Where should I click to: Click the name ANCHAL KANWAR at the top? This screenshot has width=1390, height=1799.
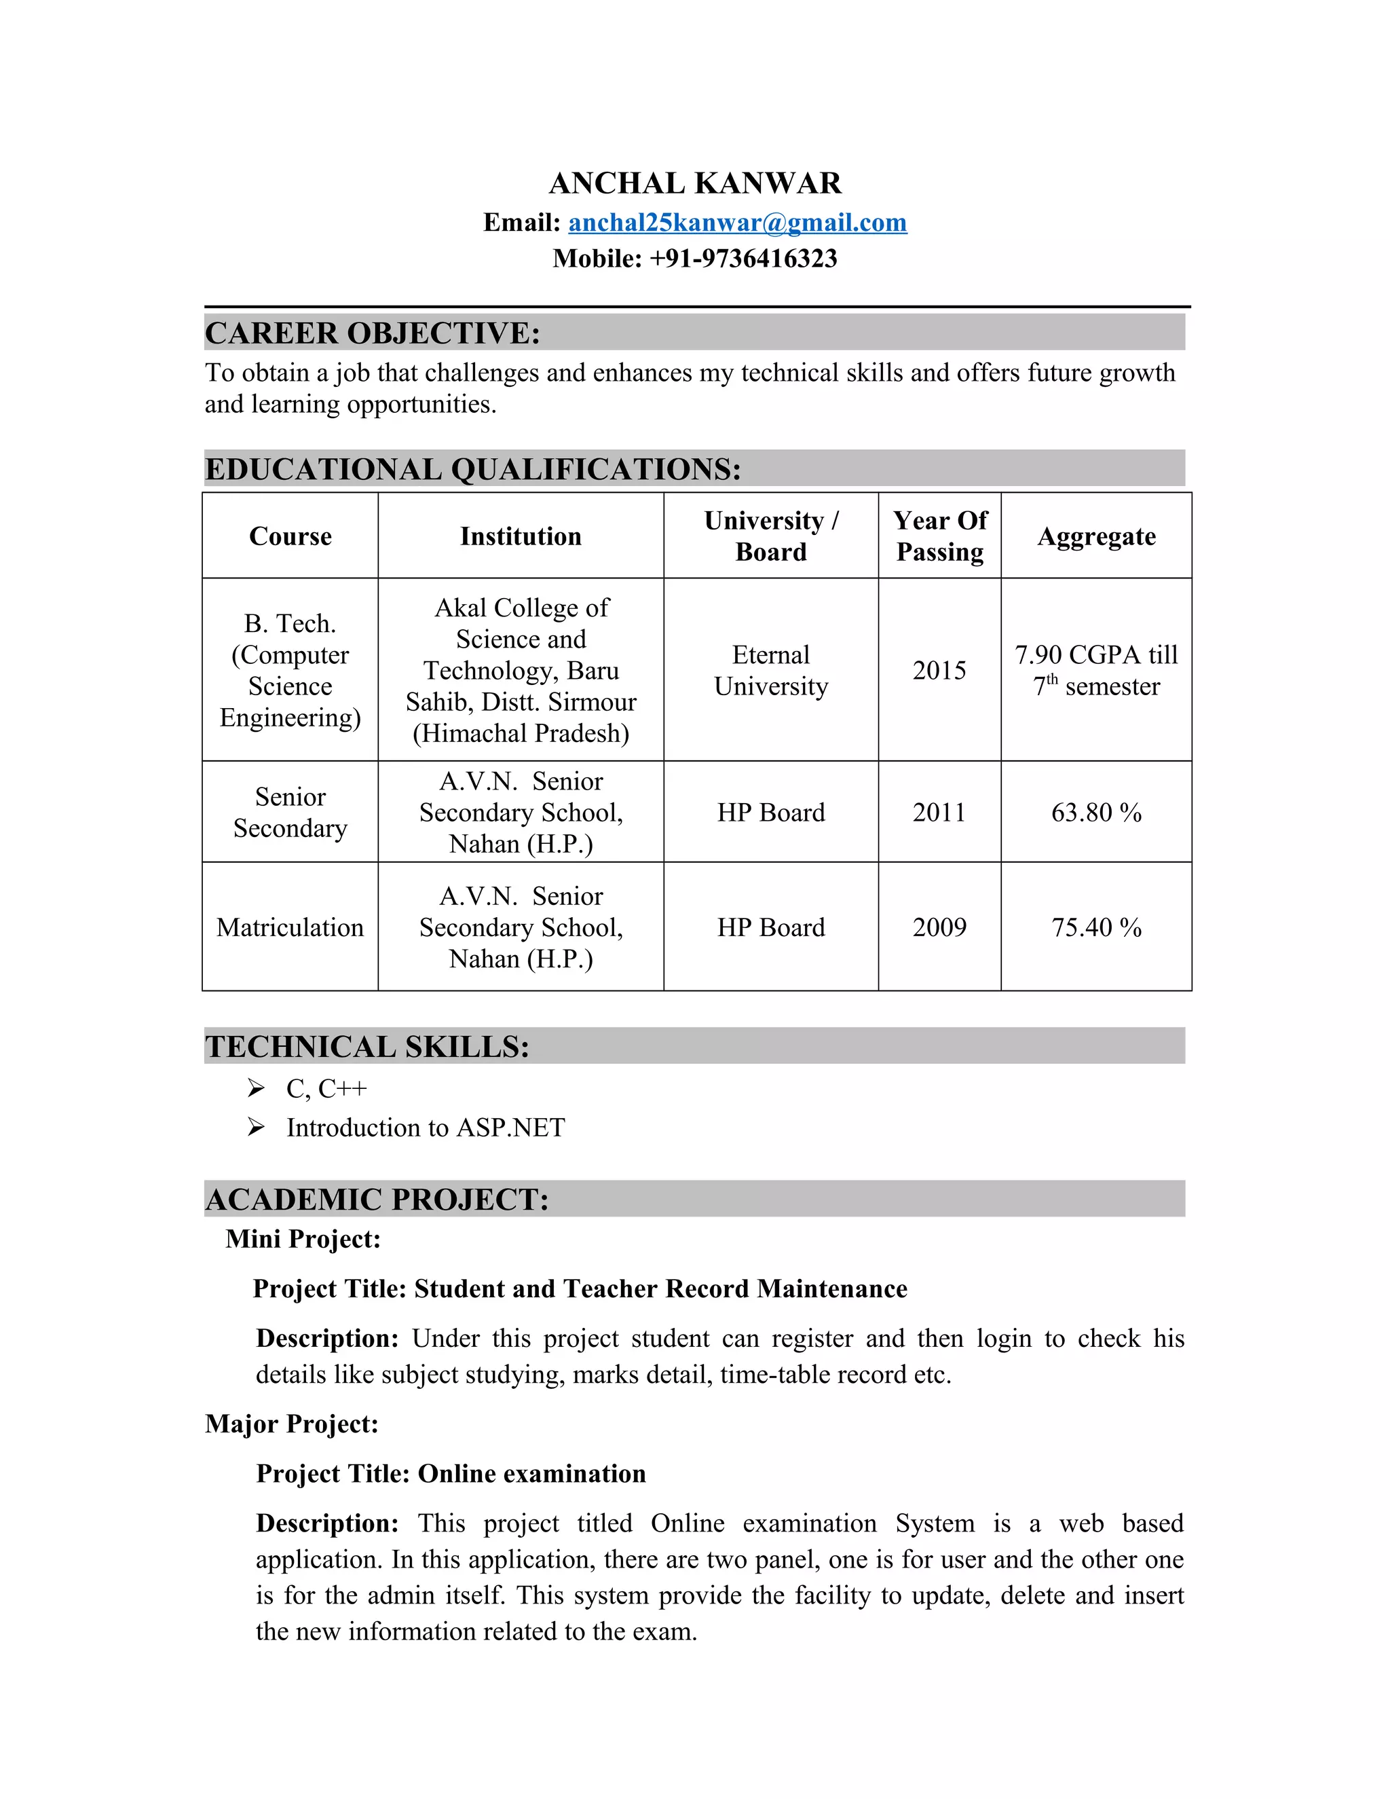coord(695,183)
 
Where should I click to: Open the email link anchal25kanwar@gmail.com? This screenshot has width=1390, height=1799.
coord(737,223)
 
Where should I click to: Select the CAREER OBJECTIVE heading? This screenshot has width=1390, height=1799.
coord(372,333)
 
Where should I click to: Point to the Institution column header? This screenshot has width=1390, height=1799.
coord(521,536)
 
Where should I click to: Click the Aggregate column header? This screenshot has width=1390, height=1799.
coord(1096,536)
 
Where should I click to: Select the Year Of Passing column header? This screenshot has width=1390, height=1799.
coord(939,536)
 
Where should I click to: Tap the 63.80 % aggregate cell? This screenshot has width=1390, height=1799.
coord(1096,812)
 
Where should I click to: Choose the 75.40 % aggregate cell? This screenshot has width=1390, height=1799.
coord(1096,927)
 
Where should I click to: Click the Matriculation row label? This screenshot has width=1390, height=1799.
coord(290,927)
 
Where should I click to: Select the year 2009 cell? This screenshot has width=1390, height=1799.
coord(939,927)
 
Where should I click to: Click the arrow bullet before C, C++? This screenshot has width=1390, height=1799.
coord(256,1088)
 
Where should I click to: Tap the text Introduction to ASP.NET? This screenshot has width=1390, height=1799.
coord(426,1127)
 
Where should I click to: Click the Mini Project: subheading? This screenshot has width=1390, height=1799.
coord(303,1239)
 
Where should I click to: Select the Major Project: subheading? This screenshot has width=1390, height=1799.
coord(291,1424)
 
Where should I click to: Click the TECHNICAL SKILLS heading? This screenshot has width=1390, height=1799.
coord(367,1046)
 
